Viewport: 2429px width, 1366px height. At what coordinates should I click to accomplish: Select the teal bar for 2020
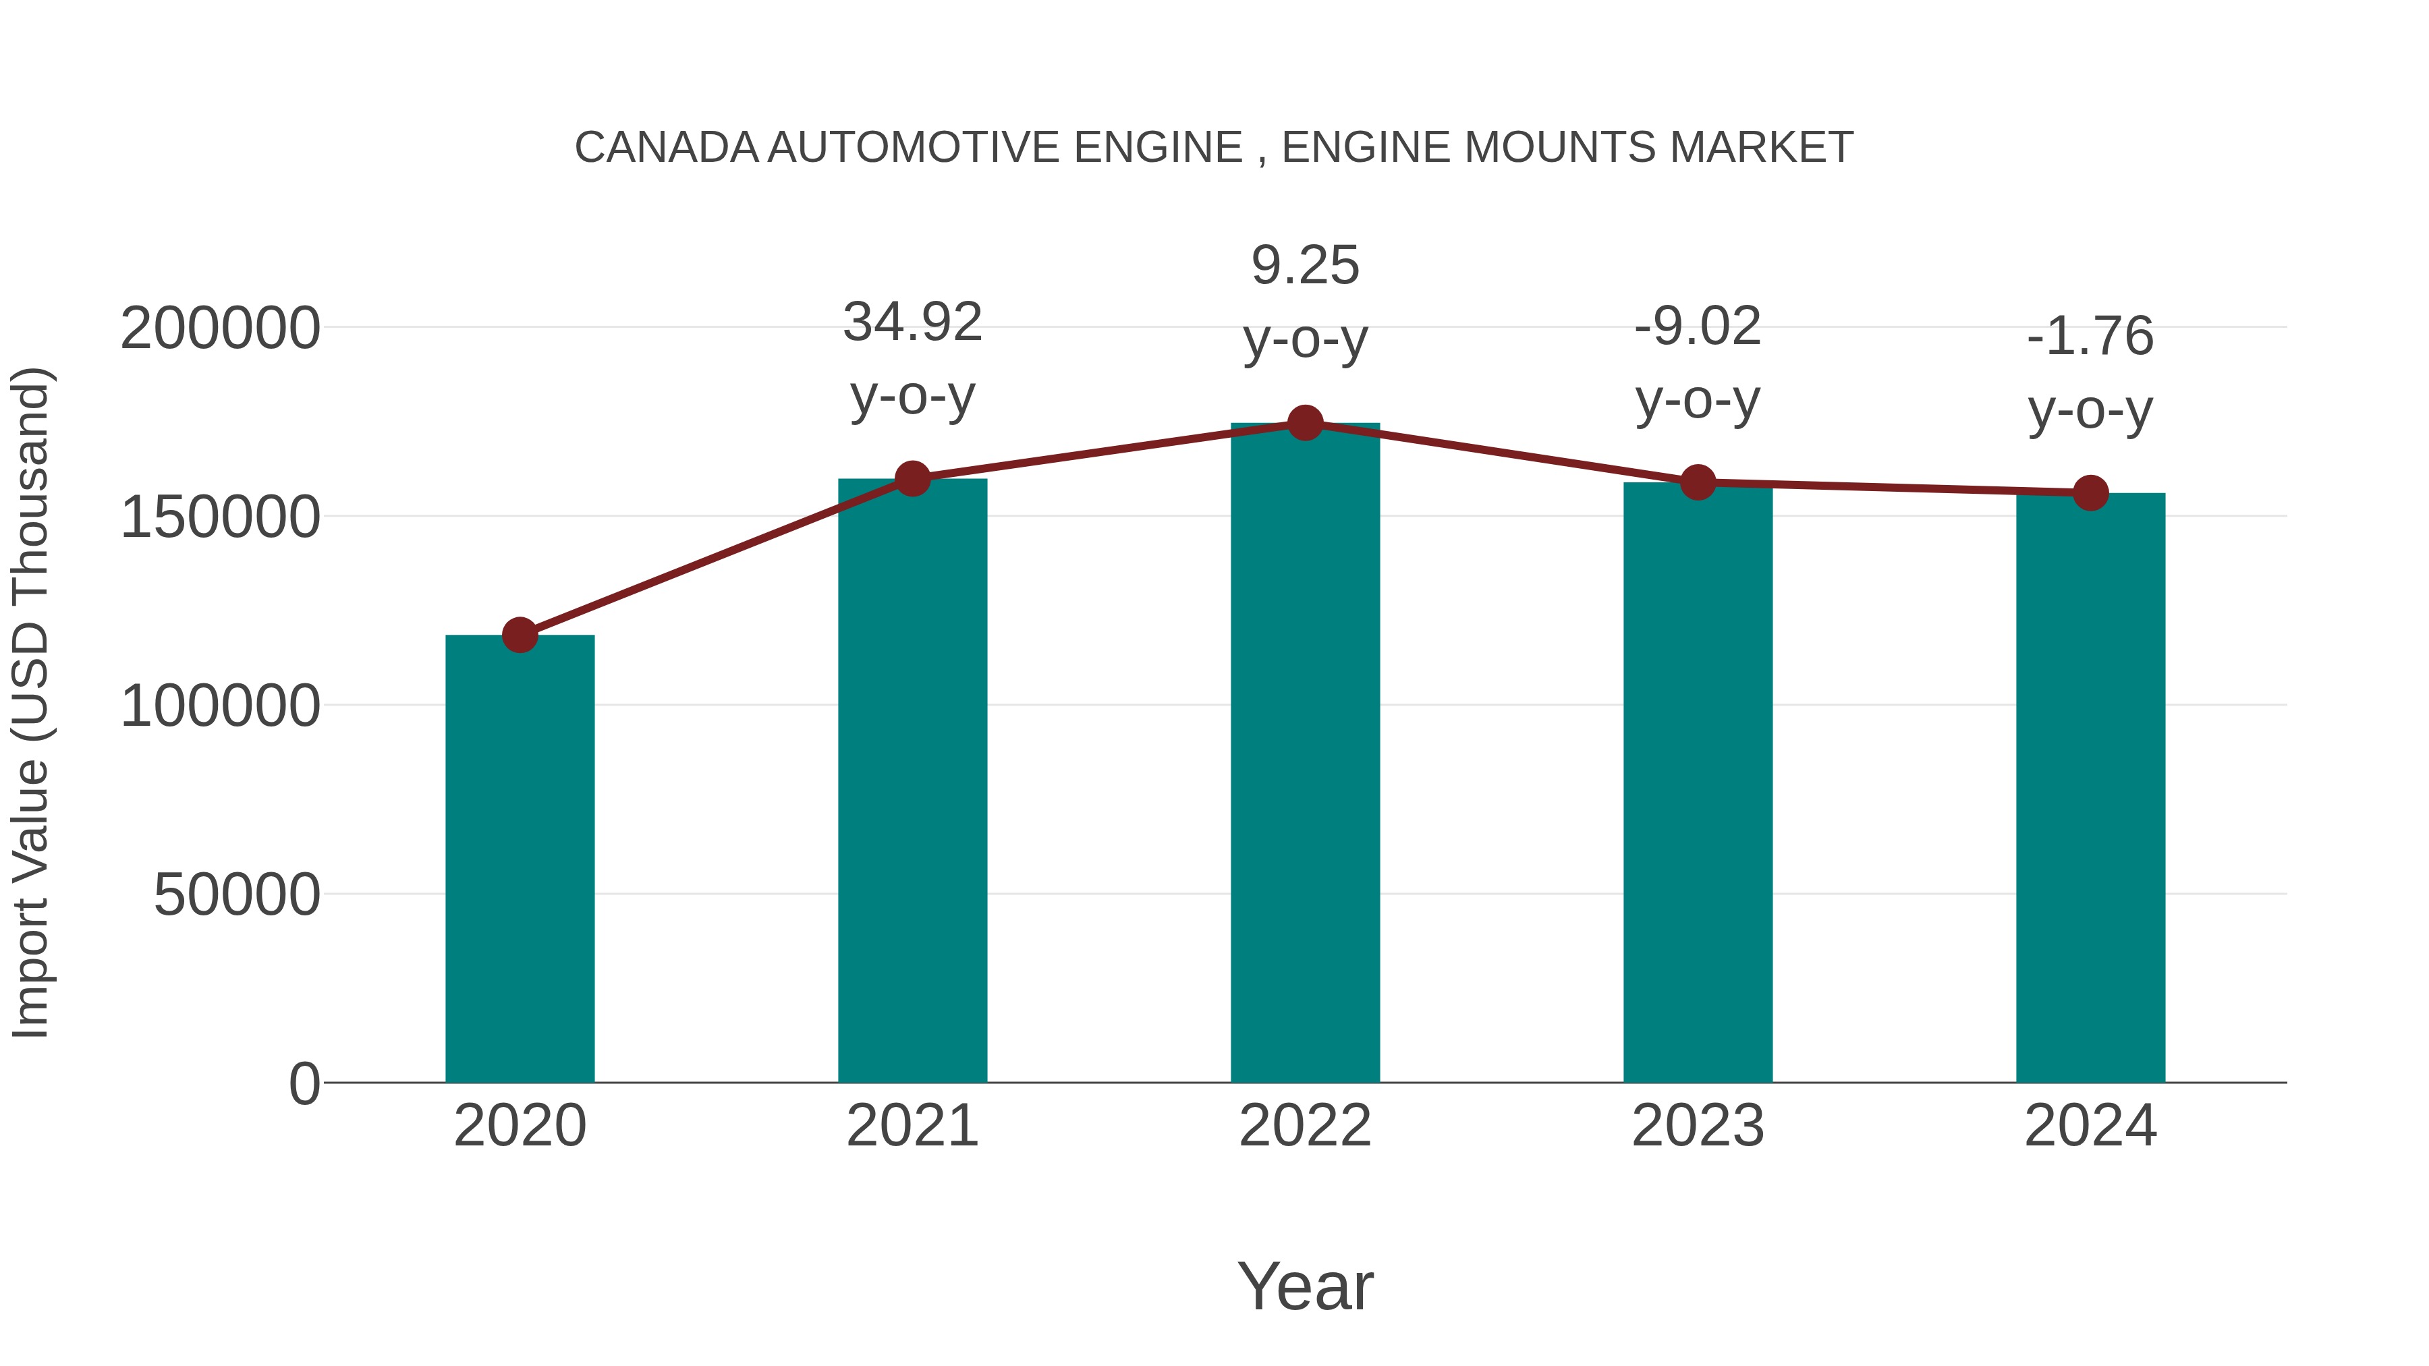(520, 858)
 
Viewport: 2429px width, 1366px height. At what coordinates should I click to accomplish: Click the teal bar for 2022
(1305, 754)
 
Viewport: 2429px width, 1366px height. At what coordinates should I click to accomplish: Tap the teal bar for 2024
(2090, 787)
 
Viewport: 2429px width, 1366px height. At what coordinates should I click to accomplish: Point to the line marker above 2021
(913, 479)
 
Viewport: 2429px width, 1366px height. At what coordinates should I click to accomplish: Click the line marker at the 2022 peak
(1305, 423)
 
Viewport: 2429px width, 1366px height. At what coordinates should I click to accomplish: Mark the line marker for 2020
(520, 635)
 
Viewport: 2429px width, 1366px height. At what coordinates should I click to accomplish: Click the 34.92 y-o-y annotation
(913, 358)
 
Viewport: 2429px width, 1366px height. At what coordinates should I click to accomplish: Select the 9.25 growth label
(1305, 302)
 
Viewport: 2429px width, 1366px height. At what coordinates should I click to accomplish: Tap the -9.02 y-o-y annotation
(1698, 363)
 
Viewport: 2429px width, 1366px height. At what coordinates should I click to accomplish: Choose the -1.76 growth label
(2090, 372)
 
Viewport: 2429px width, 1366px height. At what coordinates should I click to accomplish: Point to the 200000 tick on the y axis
(221, 329)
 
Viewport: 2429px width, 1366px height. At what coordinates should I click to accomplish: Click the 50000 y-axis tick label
(237, 894)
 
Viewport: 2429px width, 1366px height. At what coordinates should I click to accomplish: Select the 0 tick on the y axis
(304, 1083)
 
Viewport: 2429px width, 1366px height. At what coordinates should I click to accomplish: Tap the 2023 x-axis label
(1698, 1126)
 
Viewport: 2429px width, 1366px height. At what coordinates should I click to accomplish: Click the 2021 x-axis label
(913, 1126)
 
